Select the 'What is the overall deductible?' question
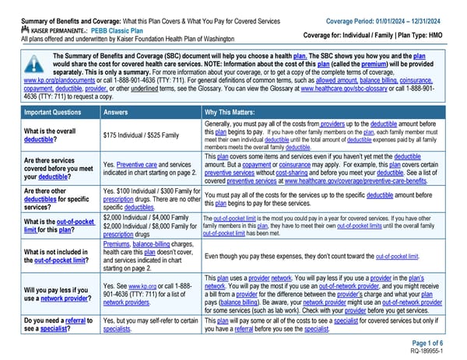point(37,135)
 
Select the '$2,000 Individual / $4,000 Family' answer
point(146,217)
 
